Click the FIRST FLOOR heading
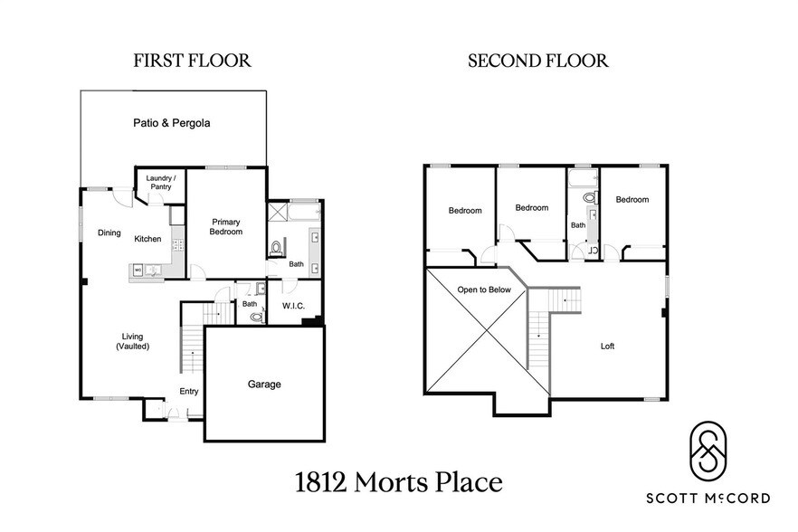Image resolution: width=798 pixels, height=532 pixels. (x=192, y=61)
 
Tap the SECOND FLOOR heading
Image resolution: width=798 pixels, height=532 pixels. (x=538, y=61)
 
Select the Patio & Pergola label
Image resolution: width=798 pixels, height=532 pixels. (x=172, y=123)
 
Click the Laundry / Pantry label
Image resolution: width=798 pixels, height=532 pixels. (x=161, y=182)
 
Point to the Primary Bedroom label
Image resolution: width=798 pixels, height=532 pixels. (x=226, y=226)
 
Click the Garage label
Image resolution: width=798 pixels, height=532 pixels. (x=264, y=385)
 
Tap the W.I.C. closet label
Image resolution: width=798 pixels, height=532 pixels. (x=294, y=306)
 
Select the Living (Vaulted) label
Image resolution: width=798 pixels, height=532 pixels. (x=132, y=341)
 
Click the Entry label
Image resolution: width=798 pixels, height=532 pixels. (x=189, y=391)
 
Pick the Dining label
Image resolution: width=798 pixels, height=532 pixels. (x=109, y=233)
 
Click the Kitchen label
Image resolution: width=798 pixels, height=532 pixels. (x=147, y=239)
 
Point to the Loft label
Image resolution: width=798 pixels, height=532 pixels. (x=607, y=347)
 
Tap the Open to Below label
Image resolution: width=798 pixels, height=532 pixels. (x=484, y=290)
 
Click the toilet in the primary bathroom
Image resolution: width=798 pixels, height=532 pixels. (x=276, y=248)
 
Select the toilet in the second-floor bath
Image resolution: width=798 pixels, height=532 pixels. (x=590, y=197)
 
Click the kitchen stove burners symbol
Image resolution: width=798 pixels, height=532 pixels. (x=177, y=246)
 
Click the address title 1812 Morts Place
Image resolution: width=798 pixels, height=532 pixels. (x=398, y=482)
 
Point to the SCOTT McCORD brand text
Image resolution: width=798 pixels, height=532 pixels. (x=708, y=498)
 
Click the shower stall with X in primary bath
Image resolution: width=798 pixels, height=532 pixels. (x=278, y=212)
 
